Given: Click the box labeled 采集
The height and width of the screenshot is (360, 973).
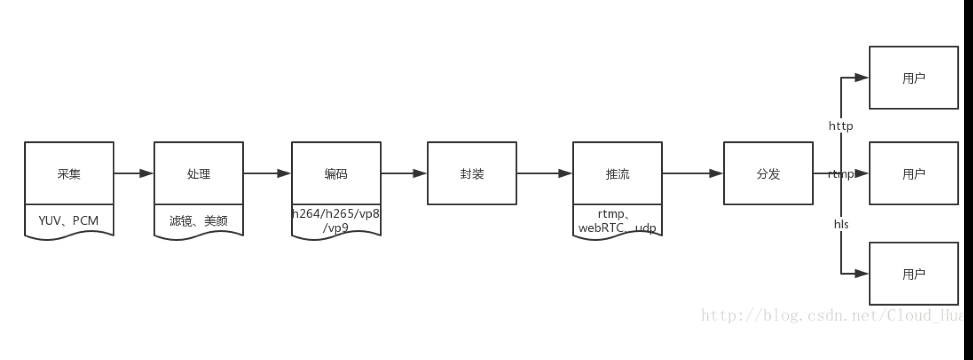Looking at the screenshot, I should coord(69,174).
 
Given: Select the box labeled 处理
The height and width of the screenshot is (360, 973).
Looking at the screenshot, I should coord(199,174).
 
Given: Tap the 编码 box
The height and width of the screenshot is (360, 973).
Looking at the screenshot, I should coord(336,174).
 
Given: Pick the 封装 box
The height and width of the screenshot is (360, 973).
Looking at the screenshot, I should coord(472,174).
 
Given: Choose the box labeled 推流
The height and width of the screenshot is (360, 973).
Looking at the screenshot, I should coord(617,174).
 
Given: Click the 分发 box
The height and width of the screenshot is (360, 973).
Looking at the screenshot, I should coord(768,174).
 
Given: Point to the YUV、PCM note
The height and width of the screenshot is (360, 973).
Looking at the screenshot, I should coord(69,221).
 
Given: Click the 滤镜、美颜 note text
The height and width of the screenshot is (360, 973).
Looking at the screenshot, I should coord(199,221).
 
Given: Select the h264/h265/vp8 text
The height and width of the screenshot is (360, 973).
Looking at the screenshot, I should coord(336,213).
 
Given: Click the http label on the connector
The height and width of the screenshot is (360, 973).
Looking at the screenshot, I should coord(841,126).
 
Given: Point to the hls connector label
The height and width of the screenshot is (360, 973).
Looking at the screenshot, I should coord(841,224).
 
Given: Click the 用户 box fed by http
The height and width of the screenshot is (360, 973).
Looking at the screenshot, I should coord(913,78).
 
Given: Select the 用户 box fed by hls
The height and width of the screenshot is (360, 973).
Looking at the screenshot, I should coord(913,274).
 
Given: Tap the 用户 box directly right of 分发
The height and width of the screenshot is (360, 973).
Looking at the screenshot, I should coord(913,174).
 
